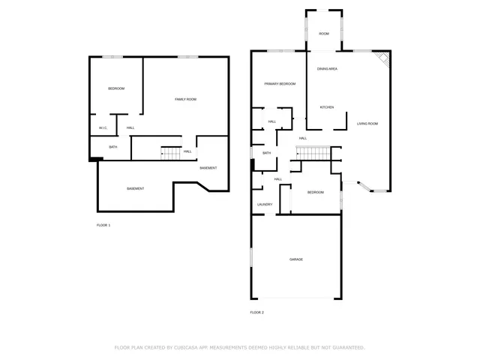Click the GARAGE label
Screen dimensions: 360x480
click(x=296, y=259)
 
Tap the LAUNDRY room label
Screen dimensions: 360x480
click(x=265, y=204)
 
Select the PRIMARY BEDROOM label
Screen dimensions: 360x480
click(x=279, y=84)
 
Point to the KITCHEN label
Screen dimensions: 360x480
click(x=327, y=107)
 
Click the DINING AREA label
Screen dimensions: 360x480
click(x=327, y=69)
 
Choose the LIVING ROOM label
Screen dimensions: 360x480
click(x=367, y=123)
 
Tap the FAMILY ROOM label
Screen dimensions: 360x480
click(x=185, y=99)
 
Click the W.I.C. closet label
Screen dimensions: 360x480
click(x=103, y=128)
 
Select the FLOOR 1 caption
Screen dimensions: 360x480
click(x=103, y=225)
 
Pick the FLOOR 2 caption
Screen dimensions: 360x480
click(x=257, y=312)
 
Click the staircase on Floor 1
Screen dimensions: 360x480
click(x=172, y=153)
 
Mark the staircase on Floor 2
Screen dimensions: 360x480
click(x=315, y=154)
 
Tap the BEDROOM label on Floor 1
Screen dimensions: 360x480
click(x=116, y=88)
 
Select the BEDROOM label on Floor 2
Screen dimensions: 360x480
click(x=315, y=193)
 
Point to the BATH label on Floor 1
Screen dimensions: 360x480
click(x=113, y=147)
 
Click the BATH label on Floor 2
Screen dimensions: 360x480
click(x=266, y=153)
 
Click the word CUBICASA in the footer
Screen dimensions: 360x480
click(x=196, y=347)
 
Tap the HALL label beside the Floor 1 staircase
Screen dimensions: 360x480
click(x=187, y=151)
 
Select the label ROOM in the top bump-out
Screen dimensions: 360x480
click(x=324, y=34)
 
